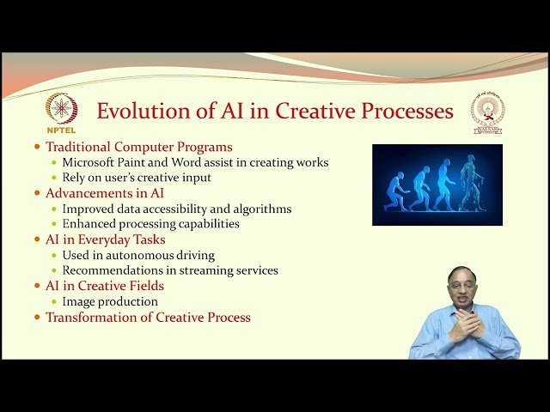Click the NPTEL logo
coord(61,112)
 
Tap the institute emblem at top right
coord(487,112)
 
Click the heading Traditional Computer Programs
coord(138,147)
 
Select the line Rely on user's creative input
coord(137,178)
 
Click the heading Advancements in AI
coord(104,193)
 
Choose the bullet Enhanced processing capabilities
coord(150,224)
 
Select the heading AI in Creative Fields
coord(104,286)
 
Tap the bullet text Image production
coord(110,301)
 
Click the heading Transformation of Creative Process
coord(148,318)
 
